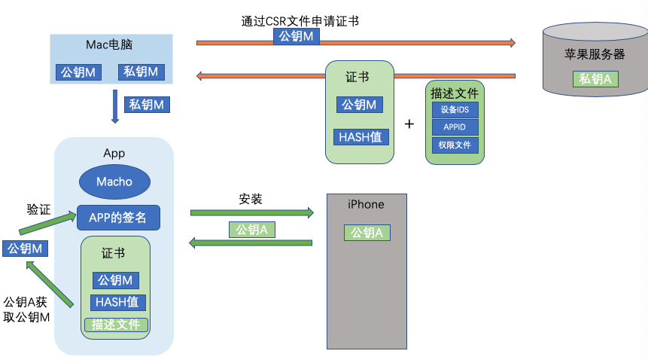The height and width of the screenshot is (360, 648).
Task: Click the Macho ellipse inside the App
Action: (x=114, y=182)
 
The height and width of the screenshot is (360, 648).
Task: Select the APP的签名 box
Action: (x=118, y=217)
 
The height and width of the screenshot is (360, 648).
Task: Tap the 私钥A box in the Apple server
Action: (x=595, y=79)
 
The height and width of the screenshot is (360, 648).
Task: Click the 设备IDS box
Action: (x=455, y=109)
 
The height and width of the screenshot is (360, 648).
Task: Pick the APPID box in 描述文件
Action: (x=455, y=127)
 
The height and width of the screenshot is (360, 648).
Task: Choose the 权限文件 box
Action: (x=455, y=145)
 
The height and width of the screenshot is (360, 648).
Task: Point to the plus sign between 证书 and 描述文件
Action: (x=409, y=124)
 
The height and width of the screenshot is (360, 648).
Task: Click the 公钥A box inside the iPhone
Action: (x=367, y=233)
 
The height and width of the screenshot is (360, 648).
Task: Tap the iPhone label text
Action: (x=366, y=205)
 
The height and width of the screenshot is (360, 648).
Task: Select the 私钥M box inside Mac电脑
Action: (x=141, y=72)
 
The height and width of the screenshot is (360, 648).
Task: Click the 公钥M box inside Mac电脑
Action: (x=79, y=72)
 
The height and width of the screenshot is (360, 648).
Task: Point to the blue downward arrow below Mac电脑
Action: (x=115, y=106)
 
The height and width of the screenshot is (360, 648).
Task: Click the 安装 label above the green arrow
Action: (x=251, y=200)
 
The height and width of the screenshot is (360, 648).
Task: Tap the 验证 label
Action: (x=38, y=209)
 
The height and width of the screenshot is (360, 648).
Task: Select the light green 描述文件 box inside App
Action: (x=116, y=325)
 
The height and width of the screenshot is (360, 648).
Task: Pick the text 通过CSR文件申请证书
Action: (x=300, y=21)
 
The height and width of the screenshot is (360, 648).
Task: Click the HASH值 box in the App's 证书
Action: (x=116, y=303)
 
